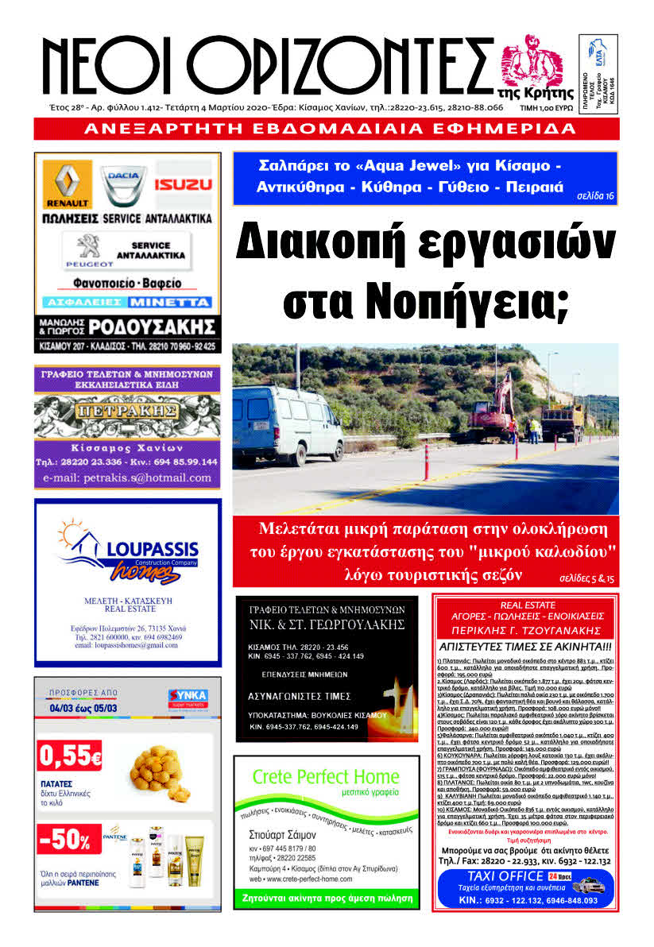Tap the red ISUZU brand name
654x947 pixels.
[x=184, y=185]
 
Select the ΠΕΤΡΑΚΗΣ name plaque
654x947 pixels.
[x=127, y=411]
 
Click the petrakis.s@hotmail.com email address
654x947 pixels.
[x=127, y=477]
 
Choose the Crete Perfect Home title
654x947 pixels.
[x=326, y=775]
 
